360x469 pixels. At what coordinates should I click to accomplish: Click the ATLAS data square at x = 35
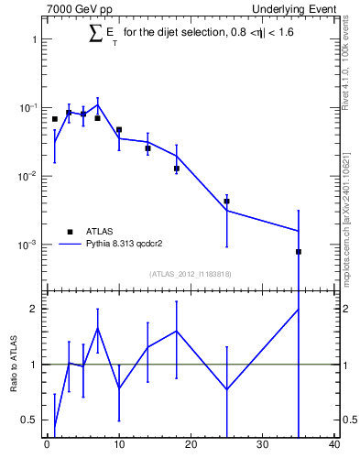299,251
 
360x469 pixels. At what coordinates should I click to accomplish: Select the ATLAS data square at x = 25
226,202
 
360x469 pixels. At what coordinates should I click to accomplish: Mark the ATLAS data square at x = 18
176,169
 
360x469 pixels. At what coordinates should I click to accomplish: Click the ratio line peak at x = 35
299,310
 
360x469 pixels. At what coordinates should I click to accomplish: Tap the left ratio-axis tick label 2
33,309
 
